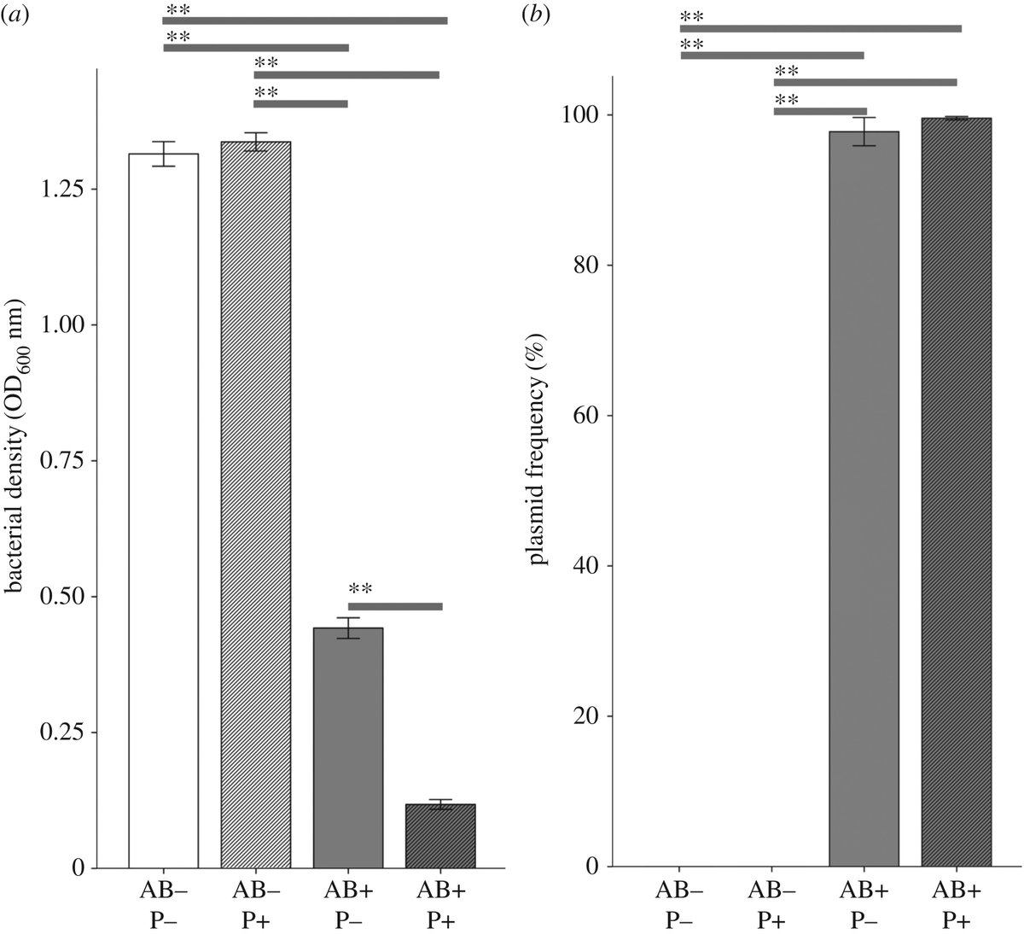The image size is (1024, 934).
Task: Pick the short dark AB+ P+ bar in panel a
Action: pyautogui.click(x=440, y=836)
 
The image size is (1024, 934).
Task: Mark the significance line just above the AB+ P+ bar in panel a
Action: pyautogui.click(x=395, y=606)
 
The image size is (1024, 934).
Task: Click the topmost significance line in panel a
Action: pyautogui.click(x=305, y=20)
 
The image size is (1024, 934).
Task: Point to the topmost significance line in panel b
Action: pyautogui.click(x=821, y=28)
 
